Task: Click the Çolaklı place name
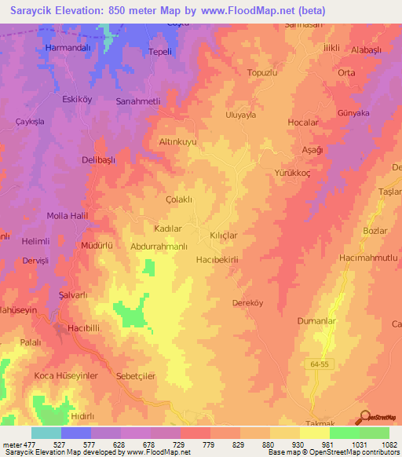pos(179,199)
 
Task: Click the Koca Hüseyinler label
pos(66,375)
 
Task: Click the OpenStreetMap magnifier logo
pos(364,417)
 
